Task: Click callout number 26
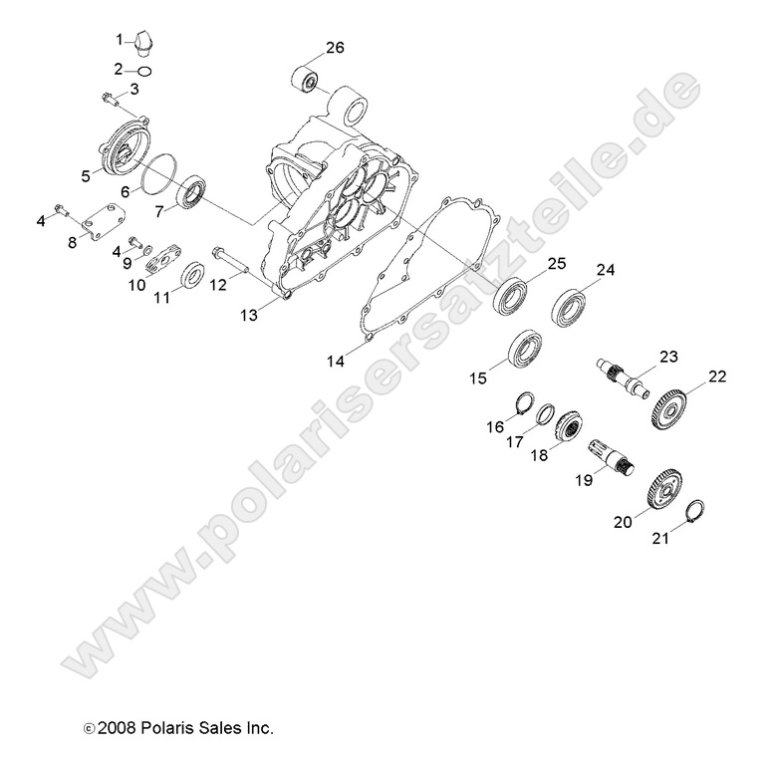[x=335, y=47]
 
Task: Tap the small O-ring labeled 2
[x=144, y=70]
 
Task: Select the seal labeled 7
[x=192, y=191]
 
